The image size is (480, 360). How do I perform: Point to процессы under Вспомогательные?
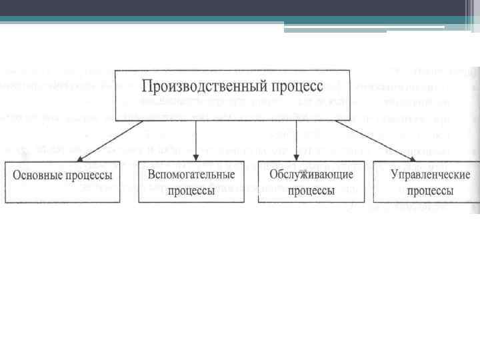click(x=191, y=190)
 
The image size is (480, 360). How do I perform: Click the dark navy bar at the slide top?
click(x=240, y=8)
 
